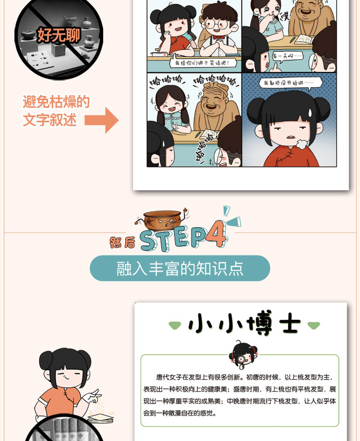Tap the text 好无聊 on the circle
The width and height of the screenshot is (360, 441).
tap(59, 35)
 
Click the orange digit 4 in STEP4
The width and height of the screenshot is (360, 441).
tap(216, 234)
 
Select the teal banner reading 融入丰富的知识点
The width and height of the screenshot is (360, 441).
tap(180, 269)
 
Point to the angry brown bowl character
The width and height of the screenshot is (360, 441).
tap(162, 220)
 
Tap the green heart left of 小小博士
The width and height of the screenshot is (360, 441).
tap(175, 325)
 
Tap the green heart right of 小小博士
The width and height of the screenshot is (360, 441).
tap(314, 325)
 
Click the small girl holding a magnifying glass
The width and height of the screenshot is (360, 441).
tap(242, 354)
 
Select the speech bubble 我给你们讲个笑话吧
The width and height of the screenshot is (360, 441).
tap(202, 63)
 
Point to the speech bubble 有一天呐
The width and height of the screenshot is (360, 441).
tap(287, 57)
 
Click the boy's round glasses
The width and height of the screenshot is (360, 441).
tap(216, 24)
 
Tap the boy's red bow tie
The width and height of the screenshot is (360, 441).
tap(218, 37)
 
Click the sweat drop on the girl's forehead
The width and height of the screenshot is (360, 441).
tap(310, 113)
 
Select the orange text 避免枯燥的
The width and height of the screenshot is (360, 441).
tap(56, 102)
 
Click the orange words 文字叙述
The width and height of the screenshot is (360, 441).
tap(49, 120)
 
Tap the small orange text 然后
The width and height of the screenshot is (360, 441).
tap(122, 242)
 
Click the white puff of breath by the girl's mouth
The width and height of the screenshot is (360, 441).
tap(301, 144)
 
